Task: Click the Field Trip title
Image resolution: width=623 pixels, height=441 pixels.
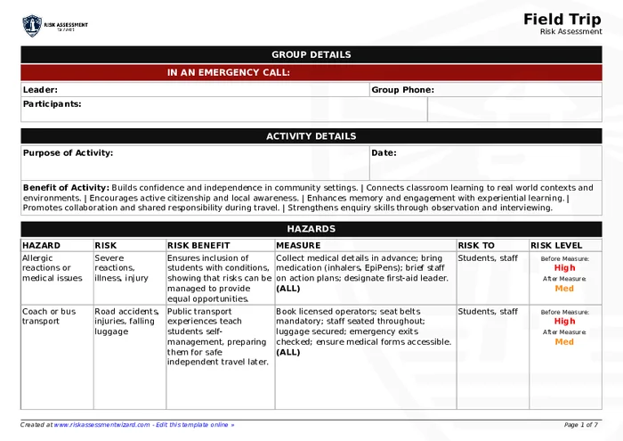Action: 562,19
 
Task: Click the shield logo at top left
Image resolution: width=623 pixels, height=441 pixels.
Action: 32,25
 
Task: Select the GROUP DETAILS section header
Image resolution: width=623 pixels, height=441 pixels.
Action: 311,55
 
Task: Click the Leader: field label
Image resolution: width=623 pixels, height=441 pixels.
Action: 40,90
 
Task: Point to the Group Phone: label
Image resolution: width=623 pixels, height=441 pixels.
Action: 402,90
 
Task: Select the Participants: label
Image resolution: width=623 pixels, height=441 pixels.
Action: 52,104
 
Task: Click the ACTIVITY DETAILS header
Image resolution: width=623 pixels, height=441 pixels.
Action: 311,136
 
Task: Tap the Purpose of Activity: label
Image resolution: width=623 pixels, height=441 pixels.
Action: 68,153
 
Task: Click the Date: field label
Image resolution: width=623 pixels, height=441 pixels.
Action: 384,153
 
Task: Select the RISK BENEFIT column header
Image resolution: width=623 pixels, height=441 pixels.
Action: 198,245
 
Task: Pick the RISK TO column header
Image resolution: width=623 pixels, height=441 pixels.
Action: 476,245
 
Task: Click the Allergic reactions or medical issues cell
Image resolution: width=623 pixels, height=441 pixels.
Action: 53,267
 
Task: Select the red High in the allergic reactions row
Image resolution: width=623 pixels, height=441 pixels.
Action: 564,267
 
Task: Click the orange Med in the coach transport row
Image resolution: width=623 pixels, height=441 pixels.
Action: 564,342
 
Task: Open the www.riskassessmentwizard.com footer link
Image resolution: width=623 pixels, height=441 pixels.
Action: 101,425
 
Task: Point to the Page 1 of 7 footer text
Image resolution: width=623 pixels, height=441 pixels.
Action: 581,425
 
